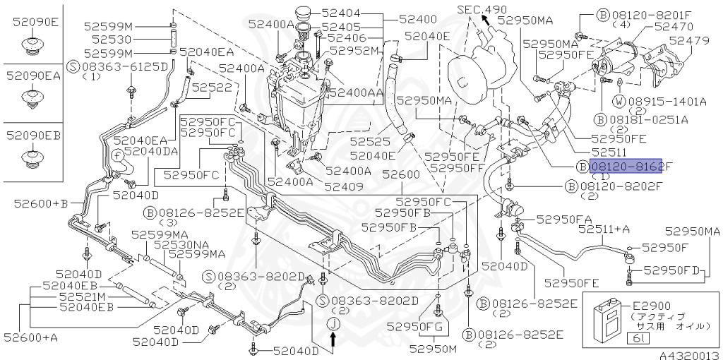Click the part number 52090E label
click(35, 23)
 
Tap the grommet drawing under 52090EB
click(32, 157)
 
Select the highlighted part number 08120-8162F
click(626, 166)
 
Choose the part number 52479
click(689, 41)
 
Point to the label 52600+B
click(40, 203)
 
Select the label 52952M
click(355, 50)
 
